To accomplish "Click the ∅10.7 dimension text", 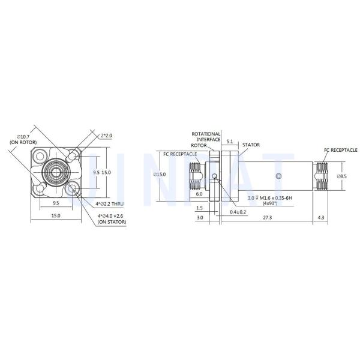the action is tap(23, 137).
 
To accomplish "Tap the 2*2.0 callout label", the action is tap(107, 136).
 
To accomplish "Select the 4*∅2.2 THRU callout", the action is tap(110, 204).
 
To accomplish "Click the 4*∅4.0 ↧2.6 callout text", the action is tap(110, 216).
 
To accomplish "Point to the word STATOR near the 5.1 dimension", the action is tap(251, 145).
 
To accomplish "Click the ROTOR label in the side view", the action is tap(199, 145).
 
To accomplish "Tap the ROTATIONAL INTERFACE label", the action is tap(206, 137).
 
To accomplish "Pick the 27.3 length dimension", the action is tap(267, 217).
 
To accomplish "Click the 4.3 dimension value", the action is tap(321, 217).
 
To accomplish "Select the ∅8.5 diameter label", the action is tap(342, 176).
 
